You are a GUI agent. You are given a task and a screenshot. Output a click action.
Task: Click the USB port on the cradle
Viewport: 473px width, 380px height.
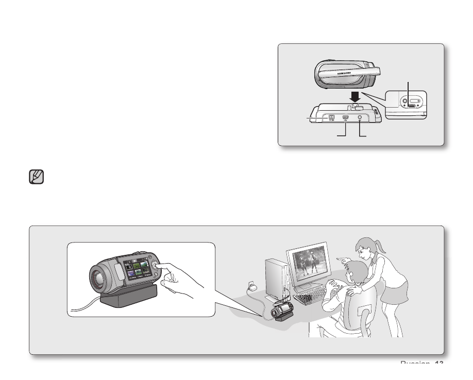coord(346,118)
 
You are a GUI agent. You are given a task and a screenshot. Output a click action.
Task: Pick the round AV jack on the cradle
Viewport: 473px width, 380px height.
coord(360,118)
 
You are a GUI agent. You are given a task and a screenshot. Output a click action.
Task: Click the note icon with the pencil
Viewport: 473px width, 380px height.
coord(37,178)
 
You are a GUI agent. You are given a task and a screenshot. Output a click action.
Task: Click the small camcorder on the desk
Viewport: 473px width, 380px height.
coord(282,308)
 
